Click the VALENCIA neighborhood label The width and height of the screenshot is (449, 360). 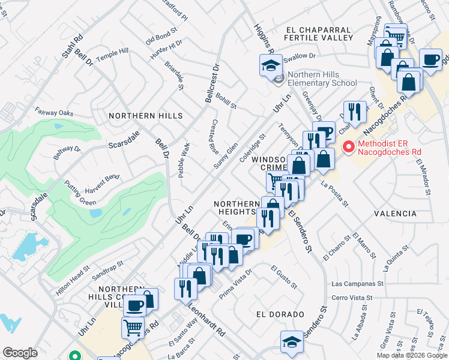[395, 214]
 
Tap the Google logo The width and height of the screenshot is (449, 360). [20, 353]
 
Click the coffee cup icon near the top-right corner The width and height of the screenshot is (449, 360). [430, 60]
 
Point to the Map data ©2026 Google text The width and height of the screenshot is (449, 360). [411, 355]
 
